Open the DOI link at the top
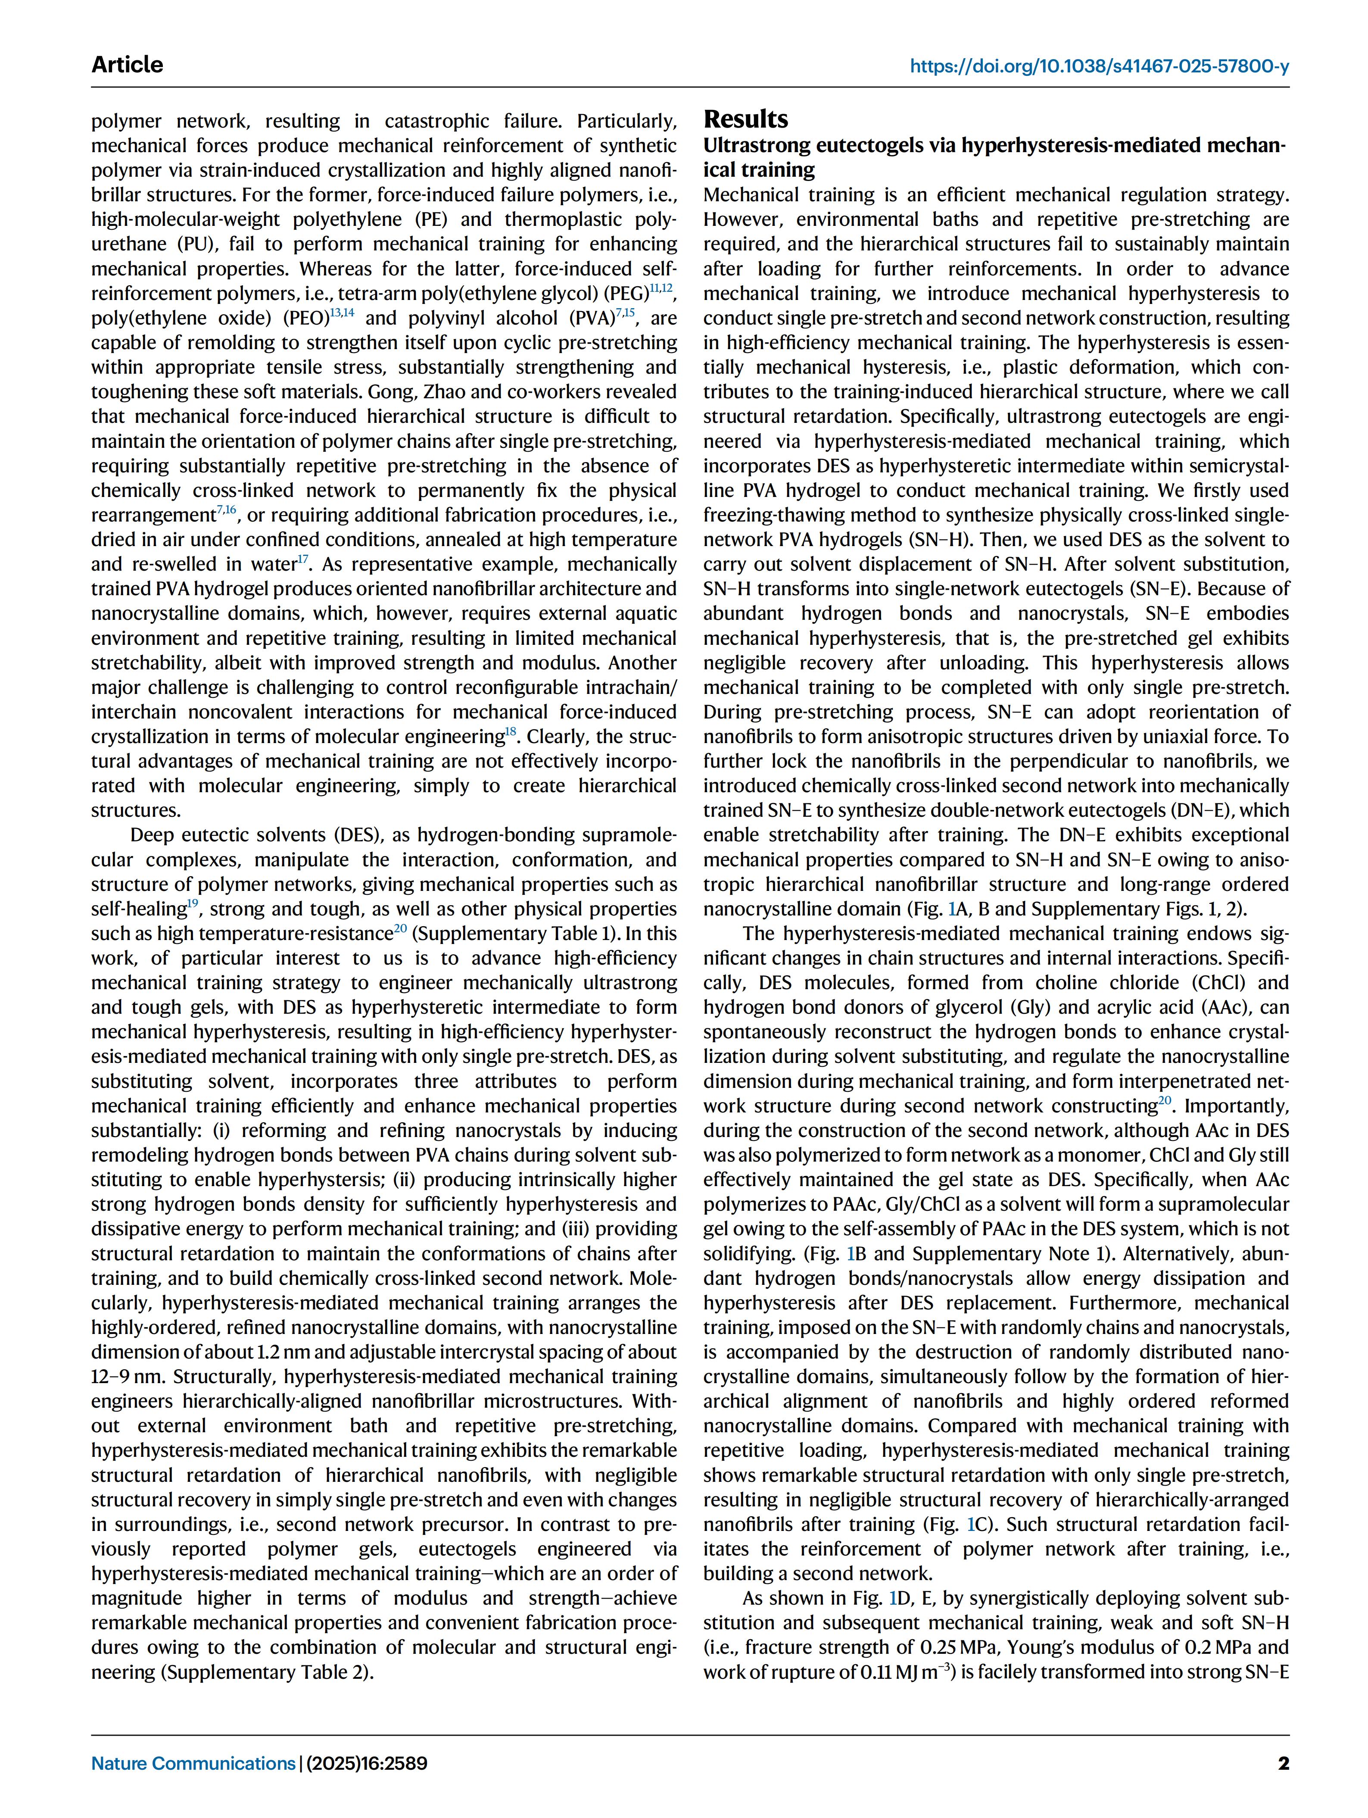pos(1099,66)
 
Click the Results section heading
pos(745,120)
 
